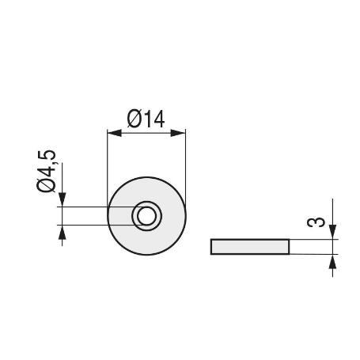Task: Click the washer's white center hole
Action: point(146,215)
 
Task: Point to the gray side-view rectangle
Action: point(250,246)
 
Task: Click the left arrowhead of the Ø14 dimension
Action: point(112,133)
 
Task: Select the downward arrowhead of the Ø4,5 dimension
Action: point(62,202)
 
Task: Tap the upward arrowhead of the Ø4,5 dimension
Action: point(62,231)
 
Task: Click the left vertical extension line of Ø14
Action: point(107,166)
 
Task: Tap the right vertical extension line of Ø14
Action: point(185,166)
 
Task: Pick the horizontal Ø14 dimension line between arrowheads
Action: point(146,133)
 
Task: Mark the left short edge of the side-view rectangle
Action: point(211,246)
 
